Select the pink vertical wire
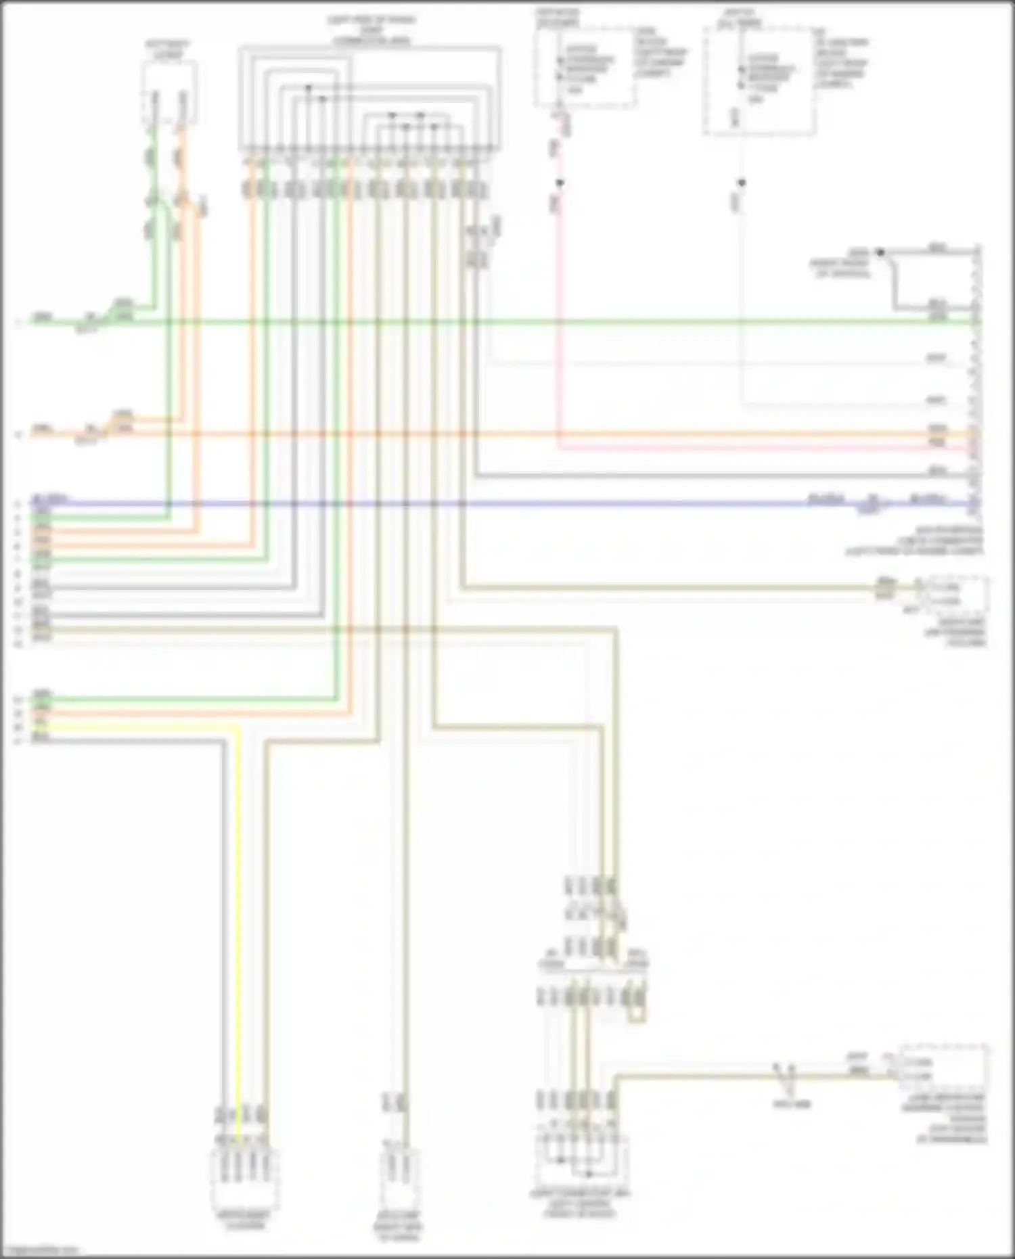[558, 304]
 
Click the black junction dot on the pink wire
[560, 183]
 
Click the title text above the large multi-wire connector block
[371, 30]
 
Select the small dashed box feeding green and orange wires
[169, 93]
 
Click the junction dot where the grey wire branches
[880, 252]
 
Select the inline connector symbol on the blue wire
[872, 504]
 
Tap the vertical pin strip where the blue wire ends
[976, 379]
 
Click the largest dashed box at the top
[759, 81]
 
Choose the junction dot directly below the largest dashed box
[742, 183]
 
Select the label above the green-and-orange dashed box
[168, 48]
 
